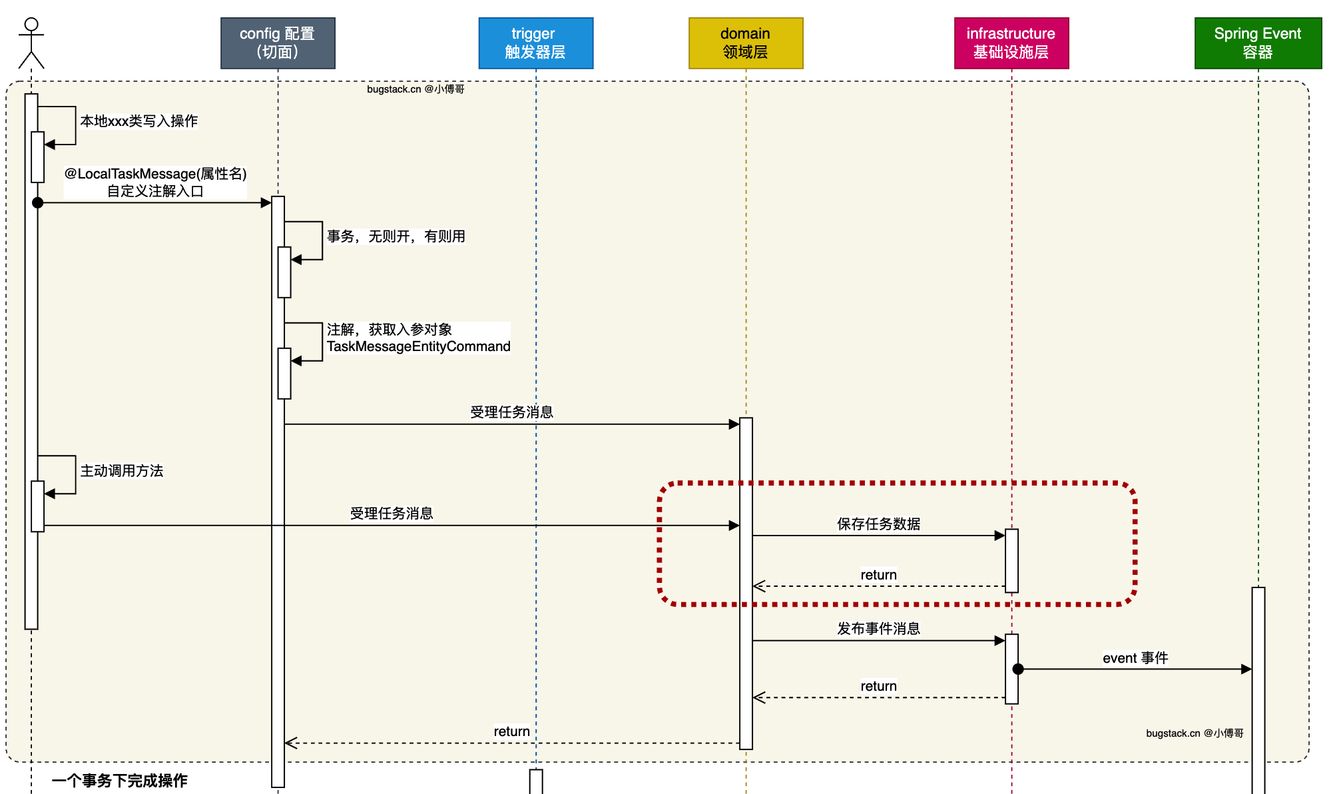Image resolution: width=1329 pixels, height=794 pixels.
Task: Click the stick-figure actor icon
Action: pos(31,43)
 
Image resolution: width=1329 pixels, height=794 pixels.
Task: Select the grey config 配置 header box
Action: pos(278,43)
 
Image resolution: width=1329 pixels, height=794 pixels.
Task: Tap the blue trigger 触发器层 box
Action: pos(535,43)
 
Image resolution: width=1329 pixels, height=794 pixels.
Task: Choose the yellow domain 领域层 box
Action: pos(746,43)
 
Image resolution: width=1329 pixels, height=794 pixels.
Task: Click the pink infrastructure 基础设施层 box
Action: pos(1011,43)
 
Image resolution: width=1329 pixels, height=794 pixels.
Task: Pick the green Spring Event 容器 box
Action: pos(1257,43)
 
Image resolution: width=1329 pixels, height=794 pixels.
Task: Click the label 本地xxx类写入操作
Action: pos(138,121)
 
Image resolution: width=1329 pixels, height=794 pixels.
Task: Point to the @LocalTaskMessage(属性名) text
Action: pos(155,174)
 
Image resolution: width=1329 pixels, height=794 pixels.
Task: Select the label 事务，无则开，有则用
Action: pos(396,236)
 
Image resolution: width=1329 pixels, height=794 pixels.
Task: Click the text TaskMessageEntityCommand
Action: pos(418,346)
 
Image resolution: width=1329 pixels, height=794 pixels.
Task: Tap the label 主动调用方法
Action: pos(121,471)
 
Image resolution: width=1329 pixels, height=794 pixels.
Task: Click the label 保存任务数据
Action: pos(878,524)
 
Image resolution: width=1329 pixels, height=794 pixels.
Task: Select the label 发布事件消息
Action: pos(878,629)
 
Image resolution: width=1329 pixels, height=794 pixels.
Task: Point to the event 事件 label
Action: pos(1135,658)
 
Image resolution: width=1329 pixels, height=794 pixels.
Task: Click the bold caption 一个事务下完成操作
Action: pos(120,781)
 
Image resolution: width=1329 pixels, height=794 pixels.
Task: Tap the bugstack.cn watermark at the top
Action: pos(415,89)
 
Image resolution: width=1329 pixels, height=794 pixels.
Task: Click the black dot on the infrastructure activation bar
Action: pos(1018,669)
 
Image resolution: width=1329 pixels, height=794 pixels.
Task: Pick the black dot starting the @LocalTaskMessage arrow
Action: pos(38,202)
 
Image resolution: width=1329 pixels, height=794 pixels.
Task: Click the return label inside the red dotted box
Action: pos(878,575)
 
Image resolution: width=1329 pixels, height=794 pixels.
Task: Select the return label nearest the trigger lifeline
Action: pos(511,731)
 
